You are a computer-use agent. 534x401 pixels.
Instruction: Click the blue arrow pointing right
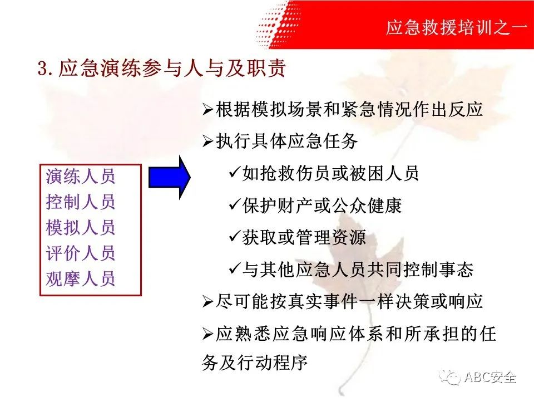(x=169, y=177)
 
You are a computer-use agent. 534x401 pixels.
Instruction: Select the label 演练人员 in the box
(x=81, y=177)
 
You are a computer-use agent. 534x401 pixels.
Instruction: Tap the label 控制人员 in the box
(x=81, y=202)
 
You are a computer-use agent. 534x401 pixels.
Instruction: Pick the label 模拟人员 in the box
(x=81, y=227)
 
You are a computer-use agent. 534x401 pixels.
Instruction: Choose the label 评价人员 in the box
(x=81, y=253)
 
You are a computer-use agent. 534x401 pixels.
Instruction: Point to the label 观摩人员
(x=81, y=278)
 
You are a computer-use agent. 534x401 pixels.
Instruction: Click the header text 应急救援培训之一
(x=457, y=27)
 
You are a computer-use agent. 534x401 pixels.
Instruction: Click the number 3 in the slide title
(x=42, y=68)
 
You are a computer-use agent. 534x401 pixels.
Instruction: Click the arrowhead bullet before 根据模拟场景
(x=207, y=110)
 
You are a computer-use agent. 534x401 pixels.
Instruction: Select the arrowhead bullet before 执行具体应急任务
(x=207, y=141)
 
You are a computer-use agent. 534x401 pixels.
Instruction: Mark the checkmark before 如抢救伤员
(x=235, y=172)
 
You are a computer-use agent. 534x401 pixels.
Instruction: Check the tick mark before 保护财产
(x=235, y=204)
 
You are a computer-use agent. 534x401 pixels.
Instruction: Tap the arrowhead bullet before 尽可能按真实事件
(x=207, y=302)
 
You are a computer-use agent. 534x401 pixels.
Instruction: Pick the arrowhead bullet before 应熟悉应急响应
(x=207, y=334)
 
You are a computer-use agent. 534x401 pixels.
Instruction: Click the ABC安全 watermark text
(x=490, y=377)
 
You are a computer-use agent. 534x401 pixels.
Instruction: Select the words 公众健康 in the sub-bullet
(x=367, y=206)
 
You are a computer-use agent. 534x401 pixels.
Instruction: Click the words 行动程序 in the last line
(x=273, y=362)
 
